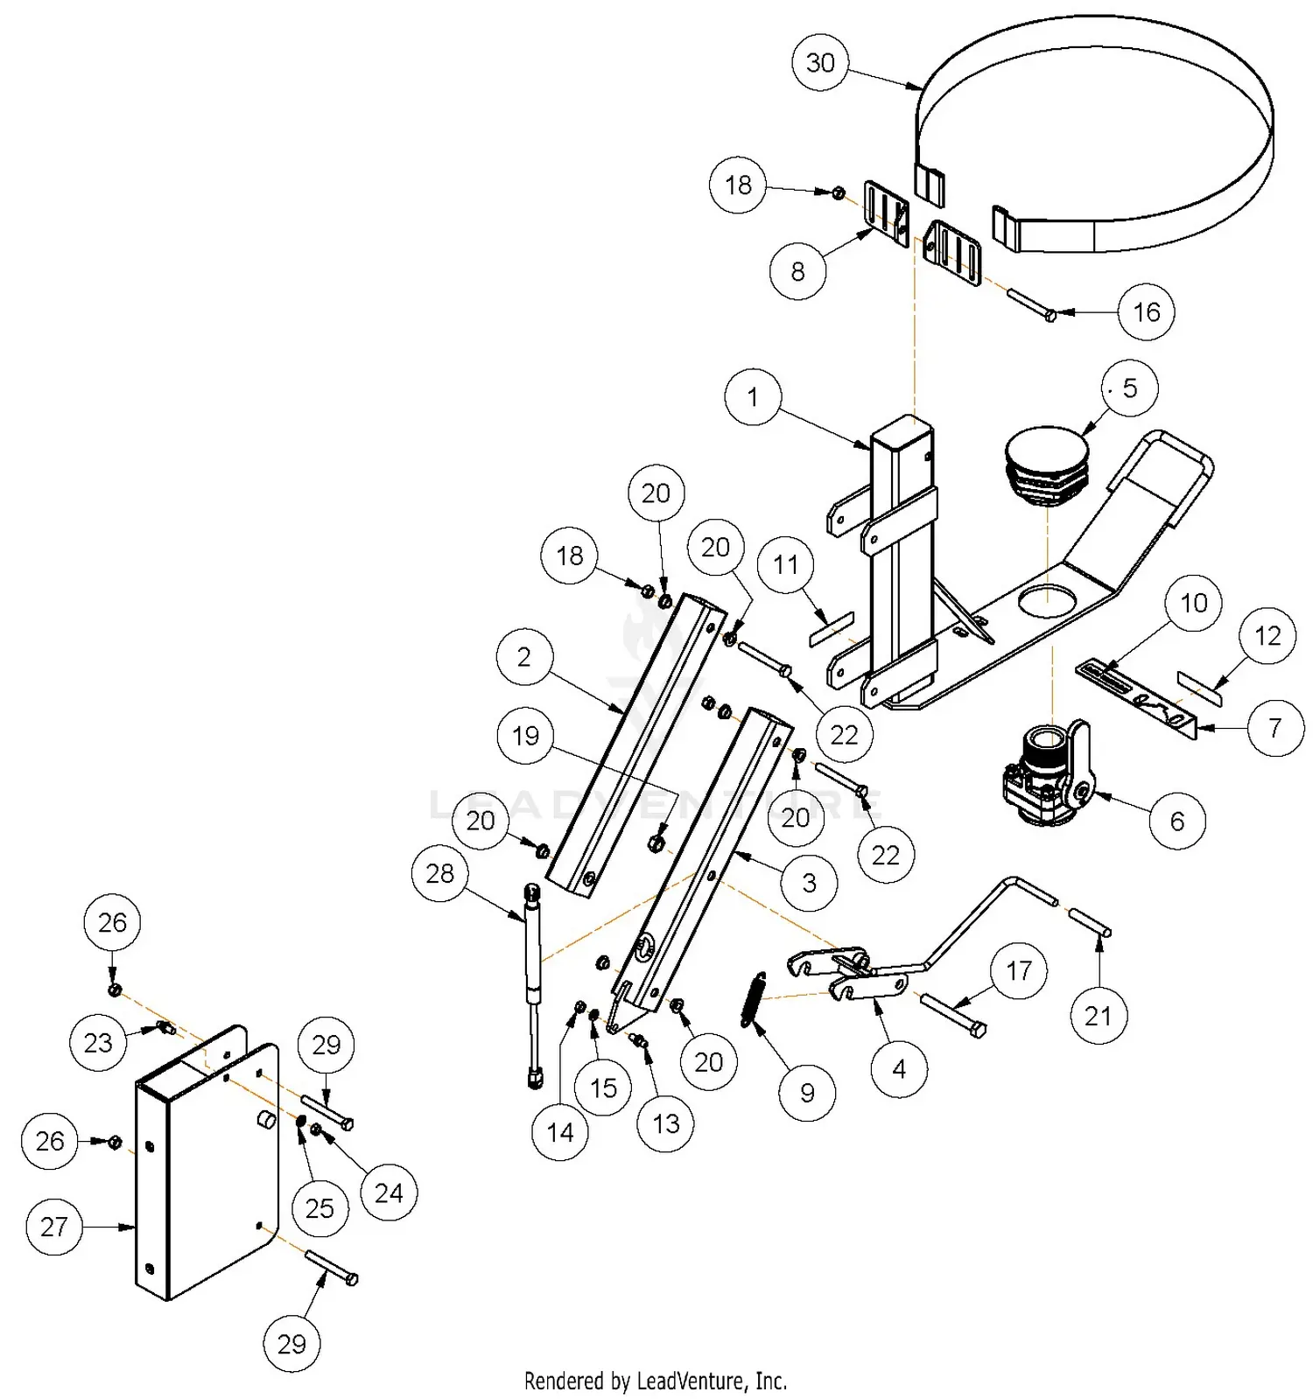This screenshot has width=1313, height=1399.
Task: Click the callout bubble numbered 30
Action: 820,62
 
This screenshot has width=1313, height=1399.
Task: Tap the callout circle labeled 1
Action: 753,397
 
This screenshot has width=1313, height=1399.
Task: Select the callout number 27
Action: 54,1227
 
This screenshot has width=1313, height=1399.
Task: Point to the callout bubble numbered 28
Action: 440,873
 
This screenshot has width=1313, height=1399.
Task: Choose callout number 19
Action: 525,735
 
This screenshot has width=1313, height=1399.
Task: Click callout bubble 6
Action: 1177,821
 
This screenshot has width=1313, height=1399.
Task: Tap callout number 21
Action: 1099,1016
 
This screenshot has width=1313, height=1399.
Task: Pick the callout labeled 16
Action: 1147,311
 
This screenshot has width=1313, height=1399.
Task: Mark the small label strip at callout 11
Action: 831,629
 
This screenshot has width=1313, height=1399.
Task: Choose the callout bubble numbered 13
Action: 666,1123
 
